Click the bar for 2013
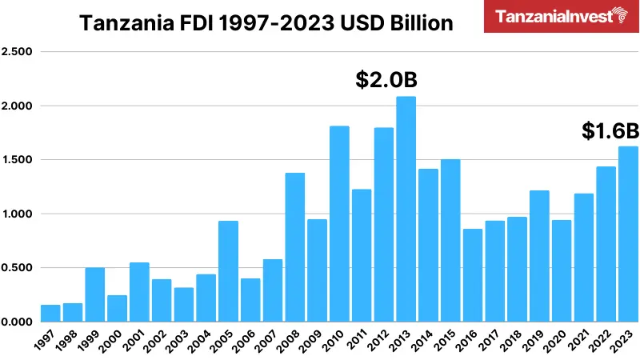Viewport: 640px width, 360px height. point(406,209)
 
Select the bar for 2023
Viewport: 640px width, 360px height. point(628,234)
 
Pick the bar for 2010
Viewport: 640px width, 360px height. point(339,223)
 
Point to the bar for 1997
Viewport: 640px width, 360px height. point(50,313)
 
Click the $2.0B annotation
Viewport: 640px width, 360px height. point(386,80)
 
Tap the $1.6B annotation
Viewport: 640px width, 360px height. point(610,131)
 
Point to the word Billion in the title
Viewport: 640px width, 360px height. point(420,23)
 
